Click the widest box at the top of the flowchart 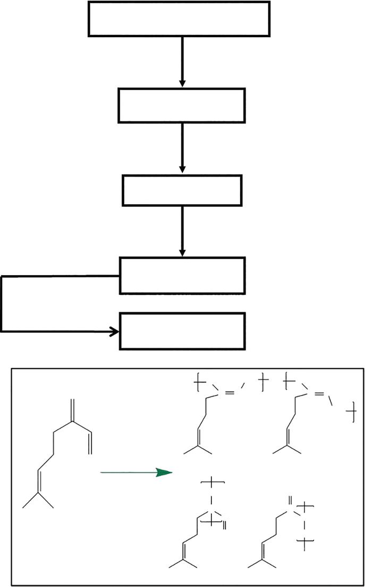click(x=179, y=19)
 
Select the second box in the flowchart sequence click(x=182, y=106)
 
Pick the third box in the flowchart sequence click(x=182, y=190)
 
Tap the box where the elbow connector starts click(x=182, y=275)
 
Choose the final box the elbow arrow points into click(x=182, y=331)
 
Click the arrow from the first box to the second click(x=182, y=61)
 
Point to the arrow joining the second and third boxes click(x=182, y=147)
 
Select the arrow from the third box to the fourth click(x=182, y=231)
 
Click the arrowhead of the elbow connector click(x=114, y=332)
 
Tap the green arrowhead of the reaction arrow click(x=165, y=472)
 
